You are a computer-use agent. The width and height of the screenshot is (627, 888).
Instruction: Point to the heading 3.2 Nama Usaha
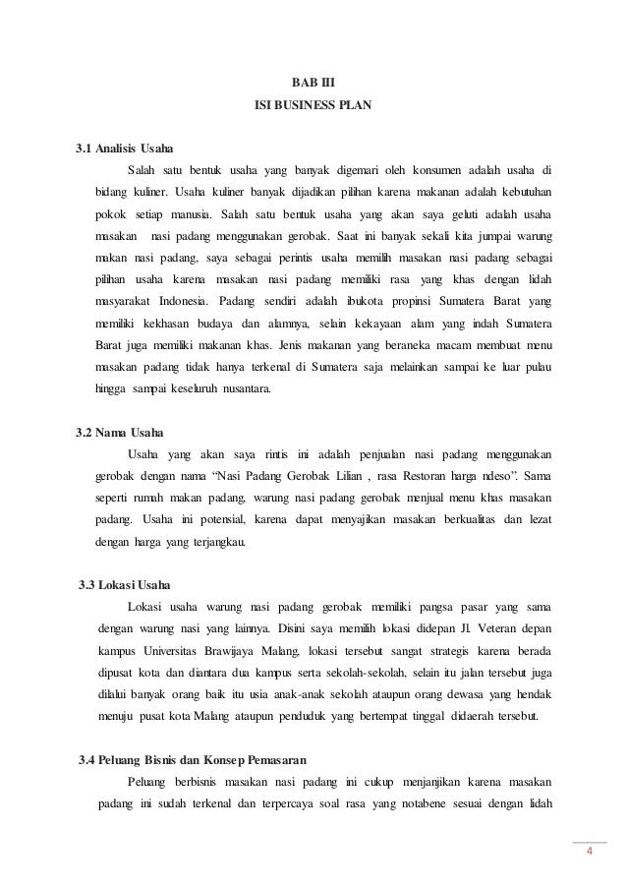(120, 433)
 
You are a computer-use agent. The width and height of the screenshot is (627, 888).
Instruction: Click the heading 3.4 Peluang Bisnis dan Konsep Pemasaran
(192, 761)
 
